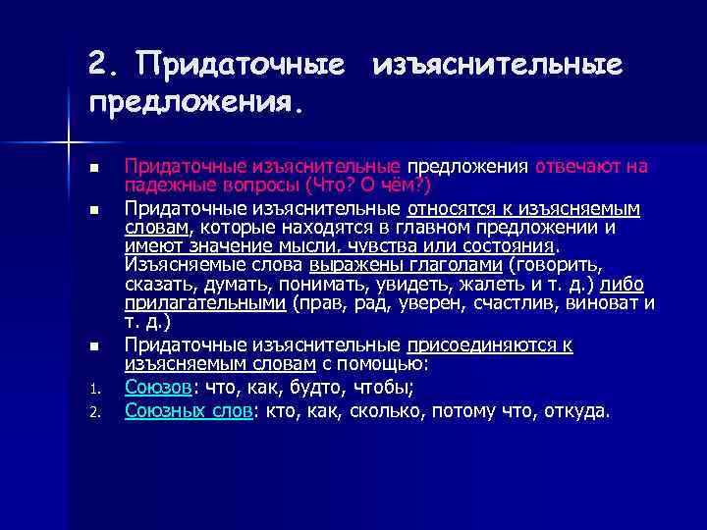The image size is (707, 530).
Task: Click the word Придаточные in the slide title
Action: click(x=242, y=64)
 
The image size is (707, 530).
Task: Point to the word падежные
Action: click(x=162, y=184)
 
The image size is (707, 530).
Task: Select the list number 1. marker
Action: click(x=93, y=387)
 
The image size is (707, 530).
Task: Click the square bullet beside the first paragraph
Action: click(x=93, y=168)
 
